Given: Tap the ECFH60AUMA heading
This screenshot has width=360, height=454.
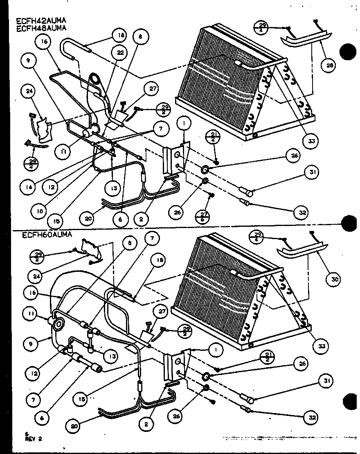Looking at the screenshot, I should (47, 235).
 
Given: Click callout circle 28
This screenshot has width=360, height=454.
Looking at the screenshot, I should (327, 65).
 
